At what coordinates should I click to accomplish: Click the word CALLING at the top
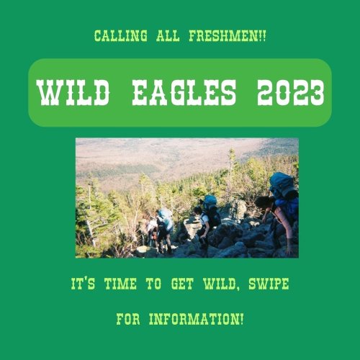coord(120,36)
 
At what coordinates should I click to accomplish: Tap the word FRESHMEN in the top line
coord(222,36)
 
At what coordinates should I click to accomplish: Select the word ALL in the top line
coord(168,36)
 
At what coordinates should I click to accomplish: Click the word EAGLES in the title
coord(184,93)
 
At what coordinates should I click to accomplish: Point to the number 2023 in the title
coord(291,93)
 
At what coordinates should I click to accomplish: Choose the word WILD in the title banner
coord(74,93)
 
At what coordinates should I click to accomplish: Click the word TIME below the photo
coord(120,284)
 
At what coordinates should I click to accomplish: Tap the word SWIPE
coord(269,284)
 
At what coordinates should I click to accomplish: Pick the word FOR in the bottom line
coord(128,319)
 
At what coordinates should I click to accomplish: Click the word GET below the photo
coord(182,284)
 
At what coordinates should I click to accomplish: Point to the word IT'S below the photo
coord(83,284)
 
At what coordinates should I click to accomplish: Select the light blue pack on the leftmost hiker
coord(166,218)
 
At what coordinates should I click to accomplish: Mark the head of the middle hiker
coord(198,210)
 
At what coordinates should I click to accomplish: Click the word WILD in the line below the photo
coord(220,284)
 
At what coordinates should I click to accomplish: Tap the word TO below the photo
coord(154,284)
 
